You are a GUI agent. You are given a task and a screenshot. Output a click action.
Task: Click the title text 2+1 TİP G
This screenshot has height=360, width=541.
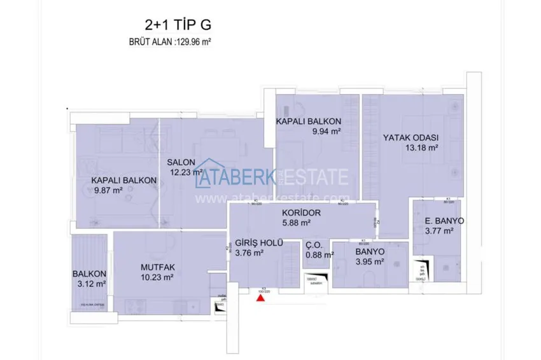tap(178, 25)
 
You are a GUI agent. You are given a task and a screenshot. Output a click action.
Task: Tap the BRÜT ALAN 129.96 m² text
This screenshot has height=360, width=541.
tap(170, 44)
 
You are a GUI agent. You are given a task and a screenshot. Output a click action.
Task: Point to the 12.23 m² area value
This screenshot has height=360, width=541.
tap(188, 172)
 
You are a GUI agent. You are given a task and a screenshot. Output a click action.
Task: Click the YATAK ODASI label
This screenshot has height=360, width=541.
tap(411, 137)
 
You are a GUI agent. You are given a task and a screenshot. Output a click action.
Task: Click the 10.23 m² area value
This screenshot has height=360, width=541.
tap(156, 277)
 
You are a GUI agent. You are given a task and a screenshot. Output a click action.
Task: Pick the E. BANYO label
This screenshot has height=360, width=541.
tap(444, 221)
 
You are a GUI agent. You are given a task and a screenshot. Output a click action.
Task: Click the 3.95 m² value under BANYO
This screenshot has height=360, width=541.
tap(370, 261)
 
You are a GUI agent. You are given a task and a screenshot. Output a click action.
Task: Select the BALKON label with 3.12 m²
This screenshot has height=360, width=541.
tap(88, 274)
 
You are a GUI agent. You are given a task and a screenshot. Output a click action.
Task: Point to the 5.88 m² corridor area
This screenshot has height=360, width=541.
tap(296, 223)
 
